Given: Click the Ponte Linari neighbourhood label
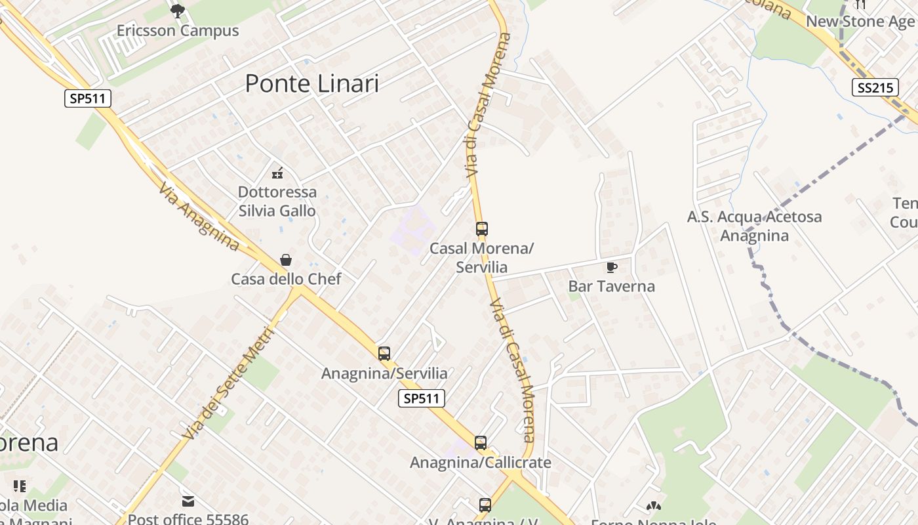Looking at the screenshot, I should pos(311,84).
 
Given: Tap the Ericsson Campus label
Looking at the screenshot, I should pos(177,31).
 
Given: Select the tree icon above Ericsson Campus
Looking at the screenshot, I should pos(177,10).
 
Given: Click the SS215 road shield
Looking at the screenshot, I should pos(875,88).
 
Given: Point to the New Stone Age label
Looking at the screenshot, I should pos(860,22).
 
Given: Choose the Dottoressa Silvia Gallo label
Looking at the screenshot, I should pos(277,201).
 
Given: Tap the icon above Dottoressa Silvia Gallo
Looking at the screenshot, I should pos(277,173).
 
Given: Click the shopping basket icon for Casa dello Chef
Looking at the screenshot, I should pos(286,260).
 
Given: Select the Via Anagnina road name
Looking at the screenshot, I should pos(199,216).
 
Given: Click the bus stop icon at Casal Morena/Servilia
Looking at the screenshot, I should pos(482,229).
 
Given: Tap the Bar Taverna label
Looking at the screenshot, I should pos(611,286).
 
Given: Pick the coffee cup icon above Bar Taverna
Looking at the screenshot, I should pos(611,267).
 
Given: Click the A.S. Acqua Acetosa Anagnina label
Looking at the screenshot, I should pos(754,226).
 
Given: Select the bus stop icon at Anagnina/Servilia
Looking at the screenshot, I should pos(384,354).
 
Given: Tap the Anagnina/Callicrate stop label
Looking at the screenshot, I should pos(481,463).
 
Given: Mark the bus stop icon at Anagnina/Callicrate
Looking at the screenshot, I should pos(481,443).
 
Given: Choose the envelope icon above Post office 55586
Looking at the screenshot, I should pos(188,501).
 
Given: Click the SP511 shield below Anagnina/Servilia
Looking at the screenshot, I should pos(422,398).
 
